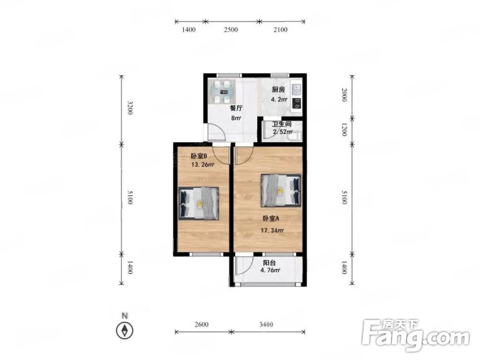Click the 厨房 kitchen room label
(279, 90)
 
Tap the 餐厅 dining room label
(236, 108)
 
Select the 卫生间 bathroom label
(282, 124)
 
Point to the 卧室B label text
(199, 156)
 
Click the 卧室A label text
(271, 219)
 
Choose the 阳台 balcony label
(269, 263)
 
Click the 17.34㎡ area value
(272, 230)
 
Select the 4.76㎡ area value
(270, 270)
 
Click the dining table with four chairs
(221, 91)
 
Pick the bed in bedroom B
(199, 203)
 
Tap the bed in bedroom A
(281, 190)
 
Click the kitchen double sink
(297, 89)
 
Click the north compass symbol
(125, 331)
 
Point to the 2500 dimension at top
(231, 30)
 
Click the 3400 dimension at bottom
(266, 325)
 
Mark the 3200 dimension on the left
(130, 107)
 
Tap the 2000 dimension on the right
(344, 95)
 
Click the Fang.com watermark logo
(415, 336)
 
